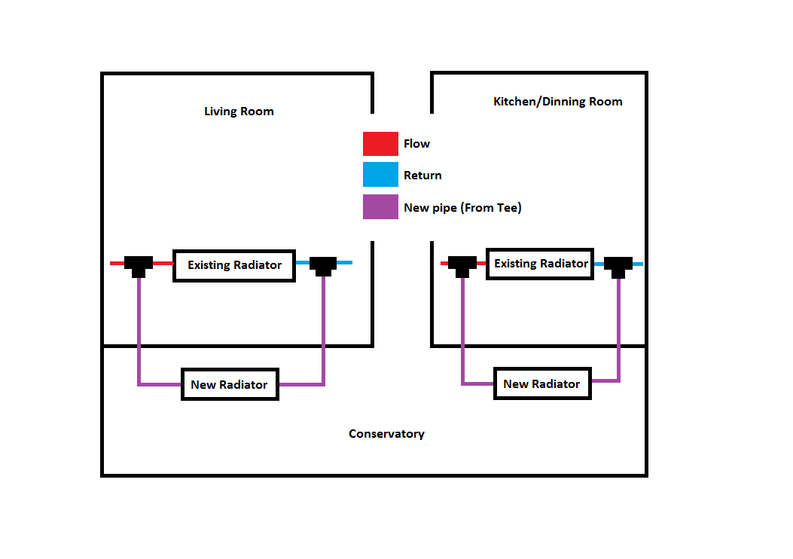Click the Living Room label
pyautogui.click(x=239, y=111)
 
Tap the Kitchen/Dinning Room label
pyautogui.click(x=557, y=102)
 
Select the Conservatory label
pyautogui.click(x=386, y=434)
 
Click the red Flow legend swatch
pyautogui.click(x=380, y=144)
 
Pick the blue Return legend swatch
pyautogui.click(x=380, y=175)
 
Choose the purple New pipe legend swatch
pyautogui.click(x=380, y=207)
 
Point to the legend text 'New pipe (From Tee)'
pyautogui.click(x=462, y=208)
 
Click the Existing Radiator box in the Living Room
pyautogui.click(x=234, y=265)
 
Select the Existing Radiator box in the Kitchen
pyautogui.click(x=540, y=264)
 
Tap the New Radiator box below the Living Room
pyautogui.click(x=230, y=384)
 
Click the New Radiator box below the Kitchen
pyautogui.click(x=541, y=383)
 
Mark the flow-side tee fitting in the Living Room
pyautogui.click(x=139, y=264)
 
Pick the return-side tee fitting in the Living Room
pyautogui.click(x=323, y=264)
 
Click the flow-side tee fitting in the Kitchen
pyautogui.click(x=462, y=264)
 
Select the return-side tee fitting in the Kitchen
pyautogui.click(x=618, y=264)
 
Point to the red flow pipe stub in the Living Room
pyautogui.click(x=117, y=263)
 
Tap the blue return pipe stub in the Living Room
pyautogui.click(x=344, y=263)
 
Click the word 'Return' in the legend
pyautogui.click(x=422, y=176)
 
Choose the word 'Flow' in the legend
pyautogui.click(x=416, y=144)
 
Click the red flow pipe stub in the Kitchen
pyautogui.click(x=444, y=263)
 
